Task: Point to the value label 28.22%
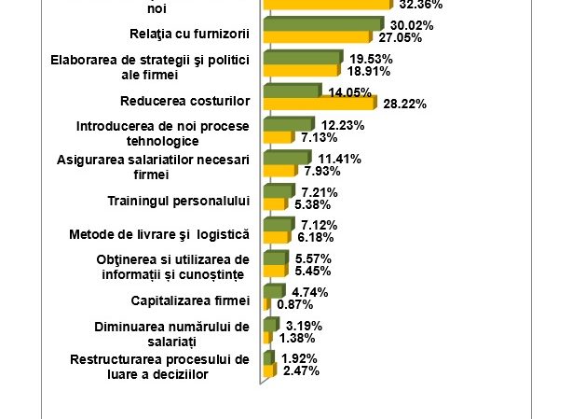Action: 405,105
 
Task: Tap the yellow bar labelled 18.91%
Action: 302,70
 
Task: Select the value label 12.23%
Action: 343,125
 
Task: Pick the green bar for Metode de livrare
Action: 277,225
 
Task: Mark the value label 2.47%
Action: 301,371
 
